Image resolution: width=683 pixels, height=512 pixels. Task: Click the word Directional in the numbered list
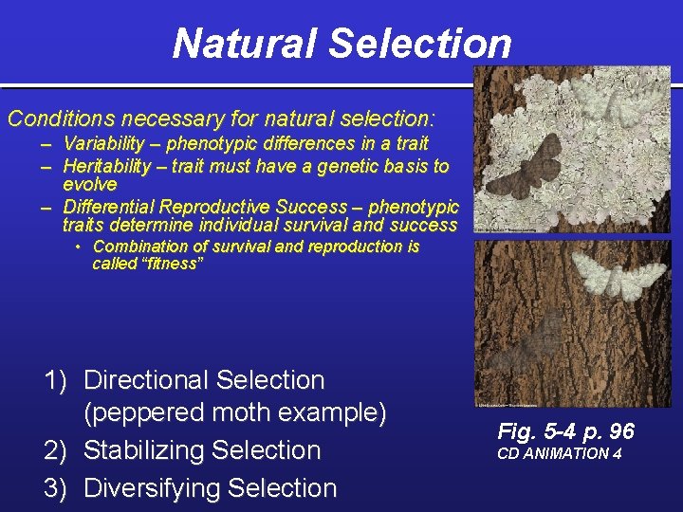[x=145, y=380]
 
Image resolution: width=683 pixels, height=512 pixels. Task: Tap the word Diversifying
[x=150, y=488]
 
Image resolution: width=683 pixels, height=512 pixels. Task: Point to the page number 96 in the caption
[x=621, y=431]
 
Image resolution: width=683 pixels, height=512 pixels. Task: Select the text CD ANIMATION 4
[x=560, y=453]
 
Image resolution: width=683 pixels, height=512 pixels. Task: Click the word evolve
[x=89, y=185]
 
